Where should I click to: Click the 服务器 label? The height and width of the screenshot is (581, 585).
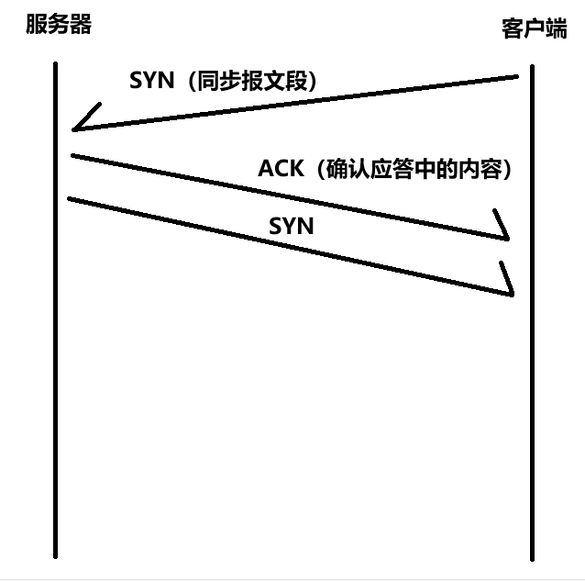59,25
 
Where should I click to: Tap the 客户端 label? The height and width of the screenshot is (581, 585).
534,28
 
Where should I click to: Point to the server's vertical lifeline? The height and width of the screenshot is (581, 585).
56,367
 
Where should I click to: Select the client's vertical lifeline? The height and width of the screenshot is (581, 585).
532,385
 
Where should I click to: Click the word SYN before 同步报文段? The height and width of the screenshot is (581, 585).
150,81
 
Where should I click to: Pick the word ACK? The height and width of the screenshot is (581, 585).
280,170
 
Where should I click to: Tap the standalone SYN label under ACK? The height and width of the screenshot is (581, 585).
292,226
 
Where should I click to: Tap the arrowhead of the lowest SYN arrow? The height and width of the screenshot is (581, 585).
507,281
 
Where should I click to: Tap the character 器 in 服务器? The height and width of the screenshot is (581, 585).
82,25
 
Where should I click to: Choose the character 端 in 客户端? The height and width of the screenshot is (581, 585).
557,28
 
